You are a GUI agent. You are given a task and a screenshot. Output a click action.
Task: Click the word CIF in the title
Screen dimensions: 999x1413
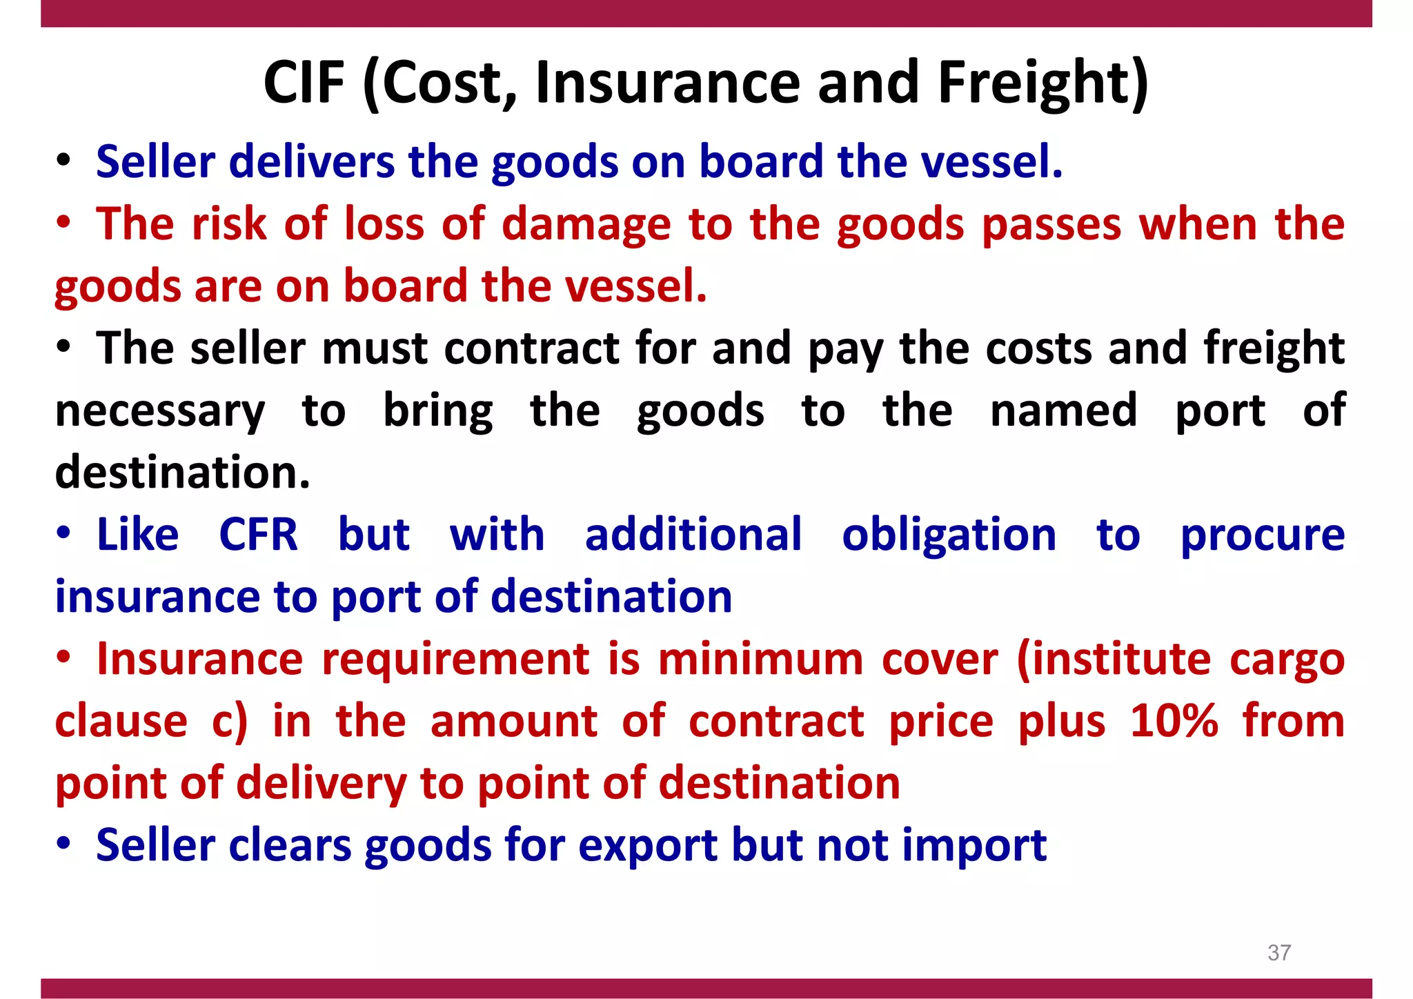[x=304, y=83]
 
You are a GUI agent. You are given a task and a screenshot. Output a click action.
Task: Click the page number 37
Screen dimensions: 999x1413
[x=1279, y=953]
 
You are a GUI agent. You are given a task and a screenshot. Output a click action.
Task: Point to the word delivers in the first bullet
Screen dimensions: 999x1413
[x=311, y=162]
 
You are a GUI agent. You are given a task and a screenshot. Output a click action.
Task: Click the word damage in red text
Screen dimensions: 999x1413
[x=586, y=225]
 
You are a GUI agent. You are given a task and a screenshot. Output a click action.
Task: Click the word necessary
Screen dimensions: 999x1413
[x=160, y=412]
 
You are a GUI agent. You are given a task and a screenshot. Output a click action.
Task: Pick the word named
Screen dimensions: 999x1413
[x=1063, y=411]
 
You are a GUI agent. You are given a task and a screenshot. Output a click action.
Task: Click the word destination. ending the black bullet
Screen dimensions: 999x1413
[x=183, y=473]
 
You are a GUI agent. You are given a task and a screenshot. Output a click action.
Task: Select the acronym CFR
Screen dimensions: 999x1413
[x=259, y=535]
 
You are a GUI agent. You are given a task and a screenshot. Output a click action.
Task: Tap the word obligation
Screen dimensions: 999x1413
[x=949, y=535]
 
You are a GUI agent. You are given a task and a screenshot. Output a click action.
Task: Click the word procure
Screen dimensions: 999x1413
[x=1262, y=536]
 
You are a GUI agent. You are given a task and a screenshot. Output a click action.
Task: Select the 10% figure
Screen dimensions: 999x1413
[x=1174, y=721]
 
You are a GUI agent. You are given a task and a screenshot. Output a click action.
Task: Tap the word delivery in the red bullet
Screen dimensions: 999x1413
[x=321, y=784]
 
